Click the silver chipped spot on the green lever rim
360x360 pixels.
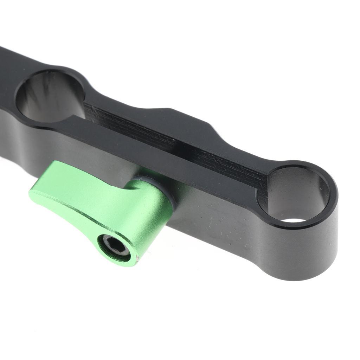137,259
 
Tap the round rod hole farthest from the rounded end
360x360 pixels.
51,95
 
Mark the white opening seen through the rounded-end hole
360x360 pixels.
294,220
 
